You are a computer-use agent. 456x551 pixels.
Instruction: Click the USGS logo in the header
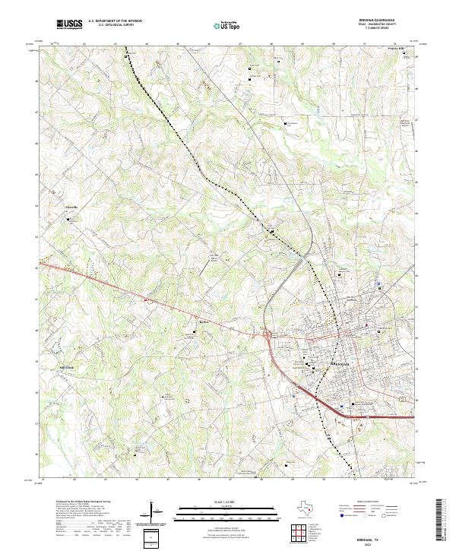point(69,25)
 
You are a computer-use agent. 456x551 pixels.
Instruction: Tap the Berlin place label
point(192,321)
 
